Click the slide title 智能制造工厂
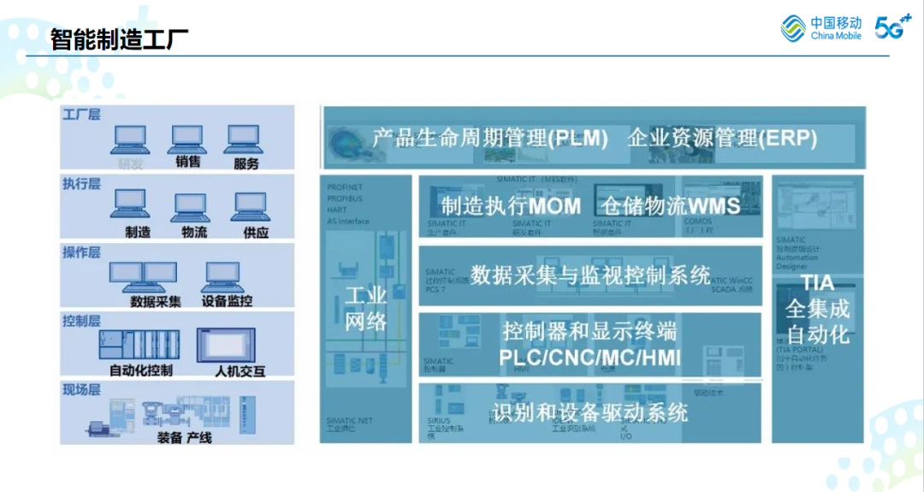pyautogui.click(x=119, y=39)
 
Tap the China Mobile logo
pyautogui.click(x=821, y=28)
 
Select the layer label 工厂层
pyautogui.click(x=81, y=114)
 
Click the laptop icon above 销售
pyautogui.click(x=187, y=139)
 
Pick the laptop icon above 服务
pyautogui.click(x=243, y=139)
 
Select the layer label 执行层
pyautogui.click(x=81, y=183)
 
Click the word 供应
pyautogui.click(x=255, y=232)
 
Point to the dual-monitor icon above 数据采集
pyautogui.click(x=142, y=276)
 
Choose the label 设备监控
pyautogui.click(x=227, y=301)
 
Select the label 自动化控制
pyautogui.click(x=141, y=370)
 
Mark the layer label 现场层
pyautogui.click(x=81, y=389)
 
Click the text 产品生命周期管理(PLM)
pyautogui.click(x=489, y=138)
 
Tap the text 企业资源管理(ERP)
pyautogui.click(x=722, y=138)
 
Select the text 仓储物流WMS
pyautogui.click(x=670, y=205)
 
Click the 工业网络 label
pyautogui.click(x=366, y=309)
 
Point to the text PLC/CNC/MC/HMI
pyautogui.click(x=590, y=357)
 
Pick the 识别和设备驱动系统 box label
pyautogui.click(x=590, y=412)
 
